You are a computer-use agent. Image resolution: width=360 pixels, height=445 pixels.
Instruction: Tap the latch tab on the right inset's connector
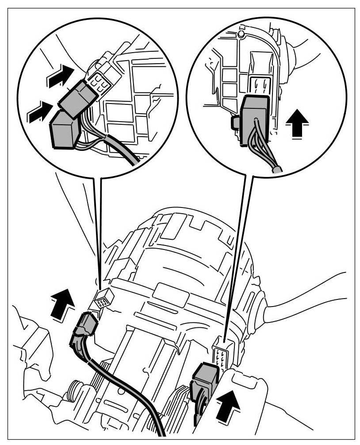pyautogui.click(x=235, y=123)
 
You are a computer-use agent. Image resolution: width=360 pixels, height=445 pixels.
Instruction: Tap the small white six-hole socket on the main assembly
pyautogui.click(x=102, y=301)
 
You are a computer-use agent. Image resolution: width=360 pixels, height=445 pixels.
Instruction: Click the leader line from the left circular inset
pyautogui.click(x=98, y=230)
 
